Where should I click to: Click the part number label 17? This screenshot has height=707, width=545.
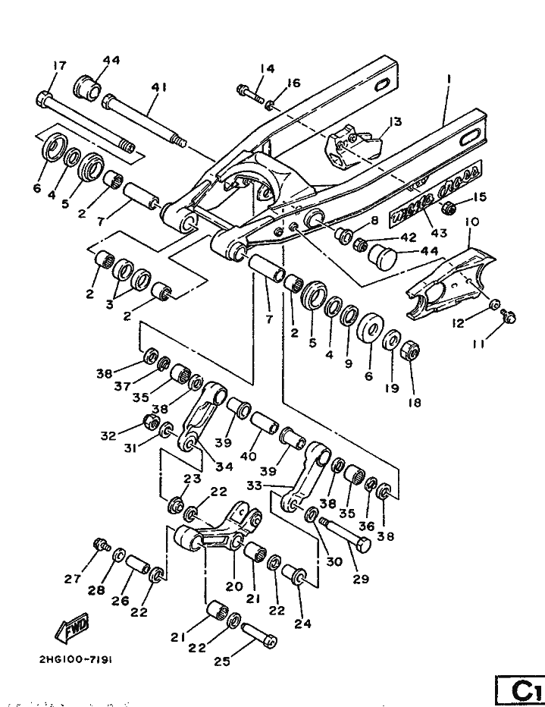[x=59, y=66]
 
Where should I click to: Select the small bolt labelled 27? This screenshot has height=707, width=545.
[x=99, y=544]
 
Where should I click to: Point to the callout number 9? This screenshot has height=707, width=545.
[x=348, y=363]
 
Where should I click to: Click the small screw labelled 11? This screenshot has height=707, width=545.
[x=510, y=318]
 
